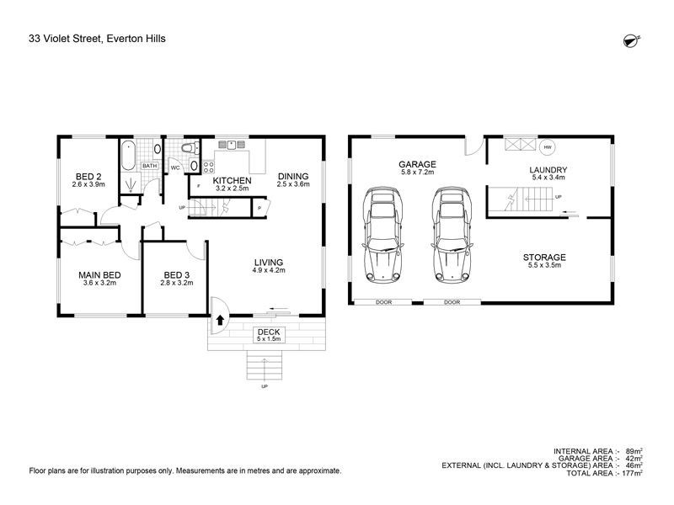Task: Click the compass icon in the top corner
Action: [631, 40]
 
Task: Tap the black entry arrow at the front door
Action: [220, 320]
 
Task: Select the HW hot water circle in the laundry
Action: [547, 147]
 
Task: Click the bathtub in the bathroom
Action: [128, 156]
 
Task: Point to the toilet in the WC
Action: [190, 149]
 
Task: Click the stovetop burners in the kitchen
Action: [208, 167]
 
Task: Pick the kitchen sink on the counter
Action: [231, 144]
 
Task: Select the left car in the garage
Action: [382, 235]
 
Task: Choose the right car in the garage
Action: [452, 235]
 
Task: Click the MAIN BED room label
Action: [99, 275]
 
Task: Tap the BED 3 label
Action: [176, 275]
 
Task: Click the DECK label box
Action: [269, 334]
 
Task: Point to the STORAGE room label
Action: [544, 258]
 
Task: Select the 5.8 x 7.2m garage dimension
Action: [417, 172]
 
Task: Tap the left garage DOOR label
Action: [383, 302]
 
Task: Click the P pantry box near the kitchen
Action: [259, 208]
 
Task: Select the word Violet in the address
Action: [57, 39]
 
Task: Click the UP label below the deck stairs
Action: [265, 386]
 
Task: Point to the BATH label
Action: [150, 166]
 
